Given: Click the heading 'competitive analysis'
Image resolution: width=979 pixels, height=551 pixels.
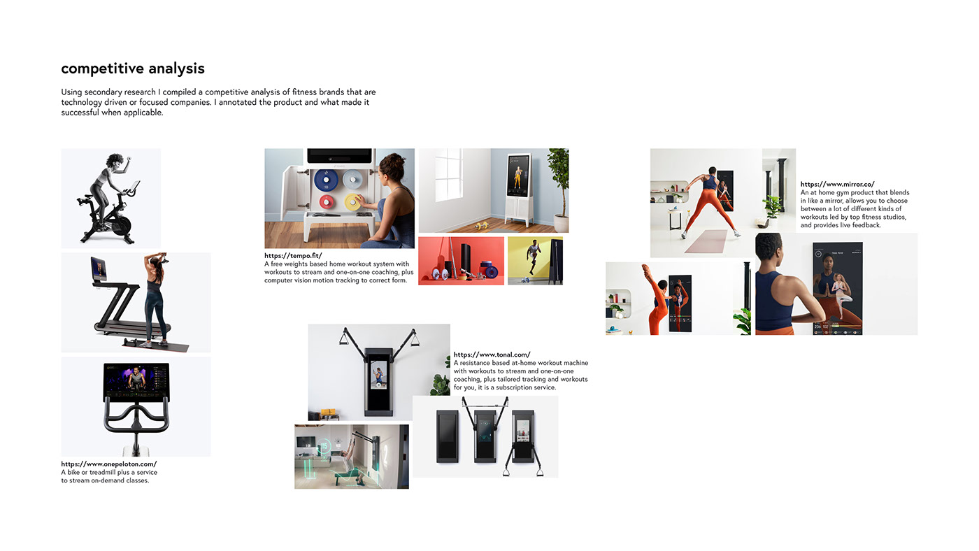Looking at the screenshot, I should (x=133, y=69).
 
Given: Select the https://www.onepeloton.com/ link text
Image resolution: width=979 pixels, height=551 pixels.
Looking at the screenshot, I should (x=108, y=464).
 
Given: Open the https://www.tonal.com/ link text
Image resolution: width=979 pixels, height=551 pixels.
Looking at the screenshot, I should (x=492, y=355).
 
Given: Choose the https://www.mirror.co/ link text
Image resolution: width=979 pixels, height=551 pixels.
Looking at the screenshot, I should (x=837, y=185).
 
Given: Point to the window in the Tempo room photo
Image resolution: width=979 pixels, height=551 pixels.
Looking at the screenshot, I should (x=448, y=175).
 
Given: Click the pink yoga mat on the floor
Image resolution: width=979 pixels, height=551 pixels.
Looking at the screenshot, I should (x=705, y=241).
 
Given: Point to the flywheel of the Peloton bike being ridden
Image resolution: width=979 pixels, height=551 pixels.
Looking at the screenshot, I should (x=120, y=225).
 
